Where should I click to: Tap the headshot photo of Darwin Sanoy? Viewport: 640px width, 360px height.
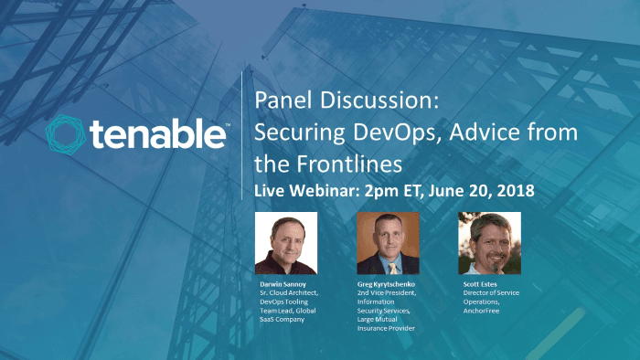(287, 243)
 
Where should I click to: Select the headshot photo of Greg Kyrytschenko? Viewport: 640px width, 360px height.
(388, 243)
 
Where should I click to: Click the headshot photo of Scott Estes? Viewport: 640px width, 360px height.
(488, 243)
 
